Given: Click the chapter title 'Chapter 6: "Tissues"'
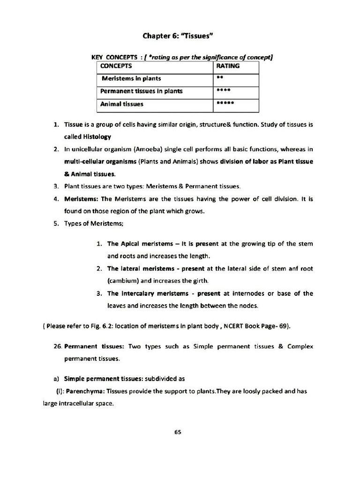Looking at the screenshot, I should (x=180, y=36).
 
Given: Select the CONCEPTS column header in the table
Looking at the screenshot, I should (x=116, y=66).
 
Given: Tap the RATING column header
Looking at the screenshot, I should (x=228, y=66).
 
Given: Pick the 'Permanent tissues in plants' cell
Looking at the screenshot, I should (x=142, y=91).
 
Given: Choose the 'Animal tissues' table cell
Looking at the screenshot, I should (x=122, y=104).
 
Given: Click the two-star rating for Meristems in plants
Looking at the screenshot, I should (x=219, y=78).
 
